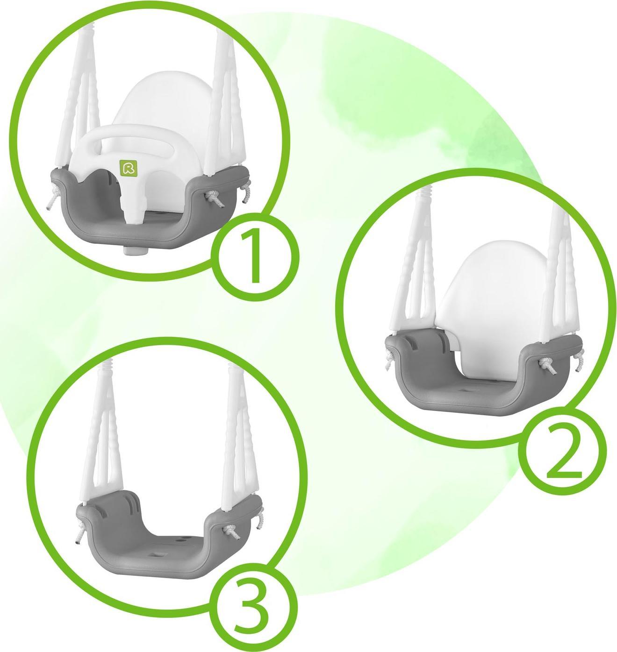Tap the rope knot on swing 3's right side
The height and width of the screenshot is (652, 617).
click(230, 532)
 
